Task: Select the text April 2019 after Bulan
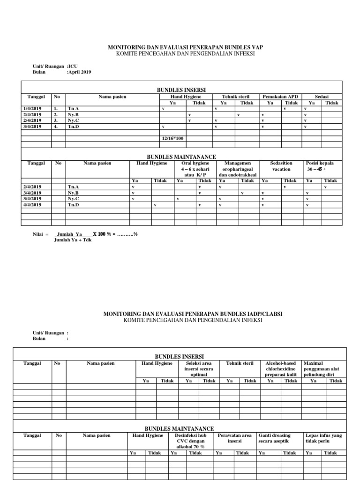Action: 80,72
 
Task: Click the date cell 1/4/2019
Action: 32,109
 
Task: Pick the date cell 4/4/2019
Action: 32,204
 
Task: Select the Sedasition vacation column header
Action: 281,166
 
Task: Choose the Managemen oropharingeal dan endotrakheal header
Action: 238,169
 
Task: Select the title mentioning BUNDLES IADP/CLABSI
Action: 193,314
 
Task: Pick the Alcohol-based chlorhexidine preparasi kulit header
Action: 281,369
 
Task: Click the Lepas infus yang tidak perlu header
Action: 323,438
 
